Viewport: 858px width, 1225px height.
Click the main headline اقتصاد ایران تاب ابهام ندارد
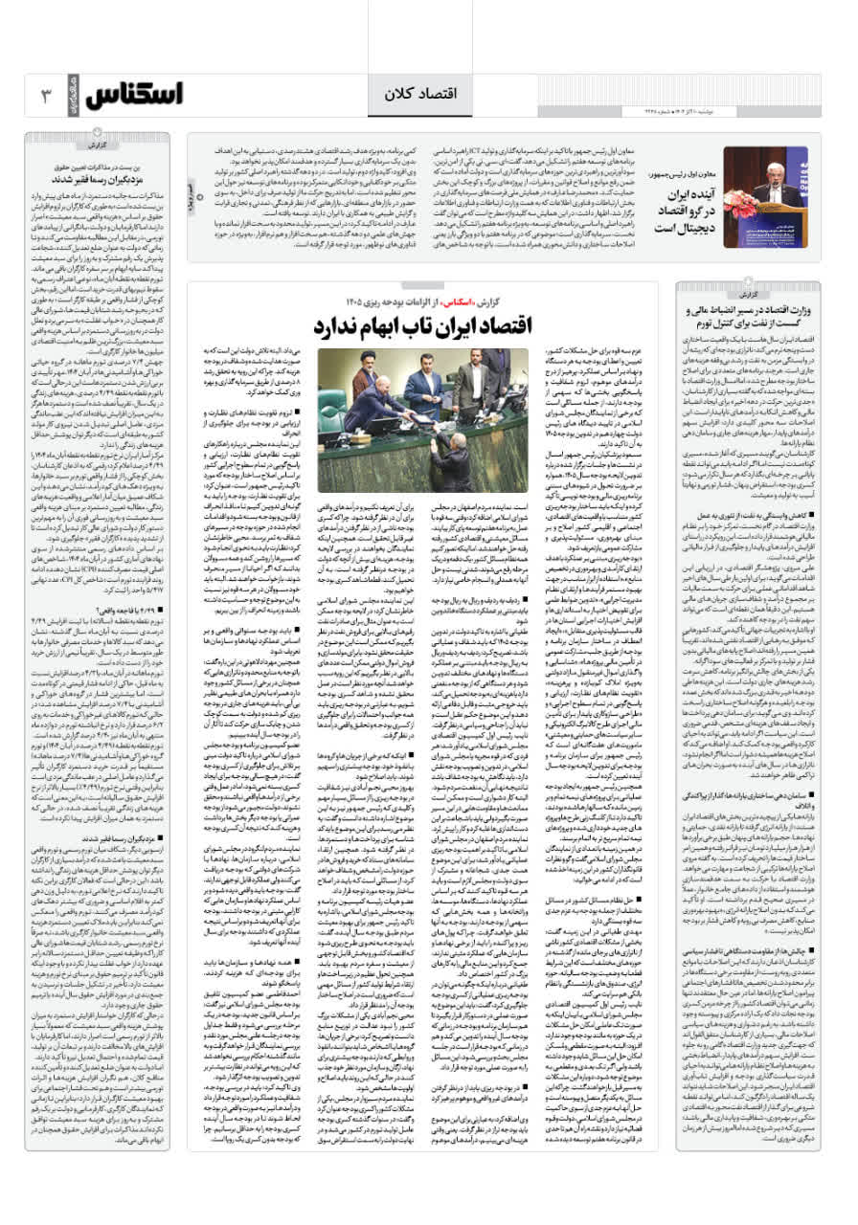tap(420, 324)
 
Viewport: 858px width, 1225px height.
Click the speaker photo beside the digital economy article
tap(764, 197)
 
